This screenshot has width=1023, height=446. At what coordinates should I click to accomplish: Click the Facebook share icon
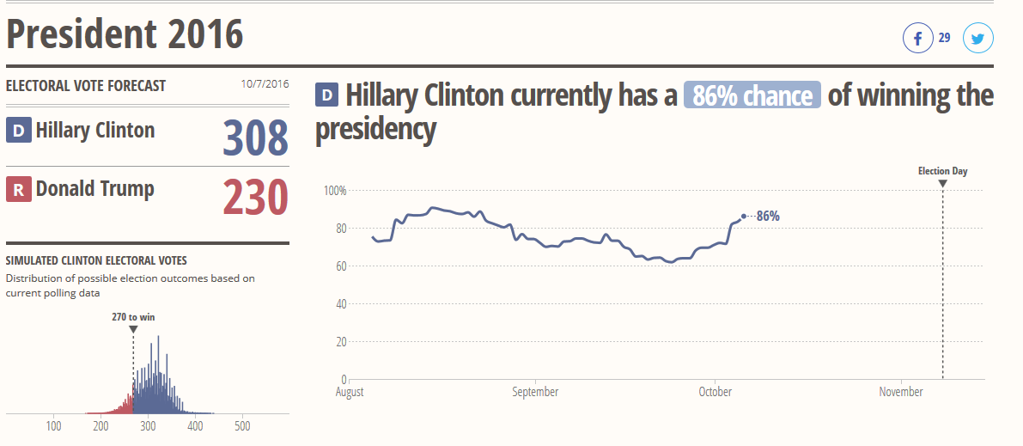coord(917,39)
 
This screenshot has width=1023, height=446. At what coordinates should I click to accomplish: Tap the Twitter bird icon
coord(977,39)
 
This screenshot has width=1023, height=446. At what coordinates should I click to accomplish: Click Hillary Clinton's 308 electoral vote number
coord(256,137)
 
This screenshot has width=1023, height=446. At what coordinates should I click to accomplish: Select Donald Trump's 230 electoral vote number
coord(256,196)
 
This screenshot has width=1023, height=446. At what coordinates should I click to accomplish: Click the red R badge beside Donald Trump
coord(18,190)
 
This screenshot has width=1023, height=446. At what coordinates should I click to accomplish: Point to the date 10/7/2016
coord(265,85)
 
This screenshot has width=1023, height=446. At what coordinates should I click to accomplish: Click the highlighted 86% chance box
coord(752,95)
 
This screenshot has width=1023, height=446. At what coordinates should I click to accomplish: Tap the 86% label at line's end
coord(768,217)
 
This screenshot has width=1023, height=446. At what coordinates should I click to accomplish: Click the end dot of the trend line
coord(744,217)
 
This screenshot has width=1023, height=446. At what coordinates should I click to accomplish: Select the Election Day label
coord(942,171)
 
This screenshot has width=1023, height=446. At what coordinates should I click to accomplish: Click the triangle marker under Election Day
coord(942,183)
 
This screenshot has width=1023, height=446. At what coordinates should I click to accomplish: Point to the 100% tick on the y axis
coord(334,190)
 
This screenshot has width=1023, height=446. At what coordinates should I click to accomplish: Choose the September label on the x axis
coord(535,392)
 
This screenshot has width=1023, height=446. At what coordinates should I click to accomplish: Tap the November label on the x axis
coord(901,392)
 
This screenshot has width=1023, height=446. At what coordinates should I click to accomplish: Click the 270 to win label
coord(133,317)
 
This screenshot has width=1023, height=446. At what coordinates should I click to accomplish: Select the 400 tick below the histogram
coord(195,426)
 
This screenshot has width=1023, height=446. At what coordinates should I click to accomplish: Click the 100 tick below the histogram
coord(54,426)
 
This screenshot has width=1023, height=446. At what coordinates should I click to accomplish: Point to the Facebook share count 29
coord(944,38)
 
